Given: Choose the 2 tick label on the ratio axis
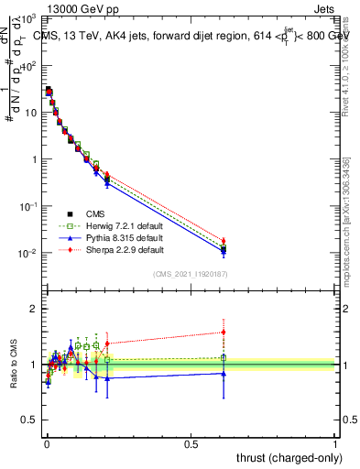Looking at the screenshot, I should [x=34, y=309].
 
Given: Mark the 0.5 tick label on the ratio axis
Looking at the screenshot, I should [x=30, y=420].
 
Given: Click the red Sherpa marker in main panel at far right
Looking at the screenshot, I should [x=224, y=241].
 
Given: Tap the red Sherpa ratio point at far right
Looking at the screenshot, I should [x=224, y=332].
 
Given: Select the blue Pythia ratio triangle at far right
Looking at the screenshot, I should [x=224, y=373].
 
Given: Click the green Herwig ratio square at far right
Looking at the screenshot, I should [x=224, y=357].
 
